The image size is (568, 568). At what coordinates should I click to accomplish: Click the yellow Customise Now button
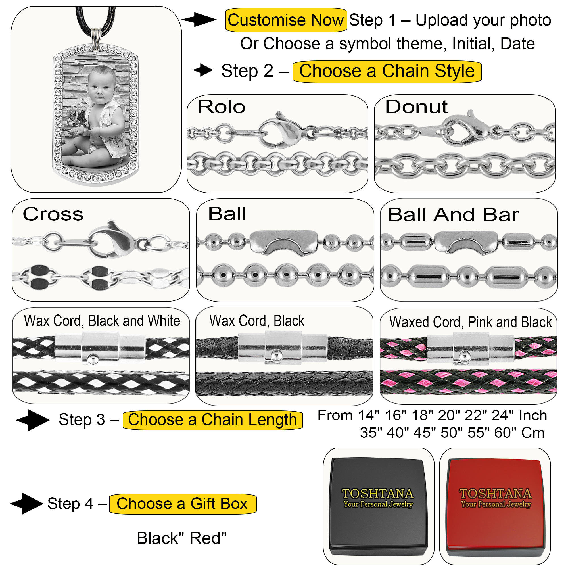coord(285,20)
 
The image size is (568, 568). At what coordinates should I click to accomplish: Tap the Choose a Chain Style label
coord(387,72)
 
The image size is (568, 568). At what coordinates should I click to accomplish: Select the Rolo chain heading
coord(222,107)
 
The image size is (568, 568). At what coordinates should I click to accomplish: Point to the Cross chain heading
coord(53,214)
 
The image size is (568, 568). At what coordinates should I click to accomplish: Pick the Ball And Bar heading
coord(453,215)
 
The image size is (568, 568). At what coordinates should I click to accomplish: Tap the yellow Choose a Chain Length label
coord(212,420)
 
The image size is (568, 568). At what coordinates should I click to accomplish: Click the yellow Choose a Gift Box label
coord(182,504)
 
